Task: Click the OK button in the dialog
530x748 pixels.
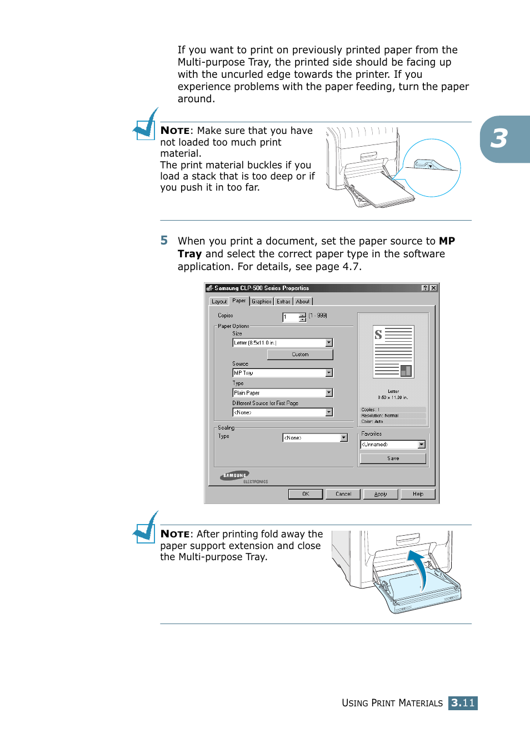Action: coord(305,494)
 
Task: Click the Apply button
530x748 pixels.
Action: coord(381,494)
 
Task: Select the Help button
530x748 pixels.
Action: coord(418,494)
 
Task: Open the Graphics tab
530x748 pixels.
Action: coord(261,302)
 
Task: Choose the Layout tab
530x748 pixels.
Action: coord(219,302)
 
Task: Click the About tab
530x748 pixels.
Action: coord(303,302)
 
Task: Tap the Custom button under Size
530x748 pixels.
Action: coord(300,355)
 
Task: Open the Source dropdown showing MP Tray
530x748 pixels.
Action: coord(329,373)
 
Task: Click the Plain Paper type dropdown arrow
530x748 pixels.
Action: coord(329,393)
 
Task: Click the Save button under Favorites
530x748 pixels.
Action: coord(393,458)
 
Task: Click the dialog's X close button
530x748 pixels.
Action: coord(433,288)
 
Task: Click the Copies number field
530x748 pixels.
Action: coord(291,317)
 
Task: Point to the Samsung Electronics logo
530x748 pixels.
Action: coord(236,476)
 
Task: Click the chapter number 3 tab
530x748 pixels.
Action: coord(499,139)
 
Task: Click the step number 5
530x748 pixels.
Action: coord(164,241)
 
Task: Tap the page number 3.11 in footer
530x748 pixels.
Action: coord(463,703)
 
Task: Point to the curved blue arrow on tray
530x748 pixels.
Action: coord(419,567)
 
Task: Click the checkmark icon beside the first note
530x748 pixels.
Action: coord(146,125)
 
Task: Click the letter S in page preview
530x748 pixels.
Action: coord(378,335)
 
